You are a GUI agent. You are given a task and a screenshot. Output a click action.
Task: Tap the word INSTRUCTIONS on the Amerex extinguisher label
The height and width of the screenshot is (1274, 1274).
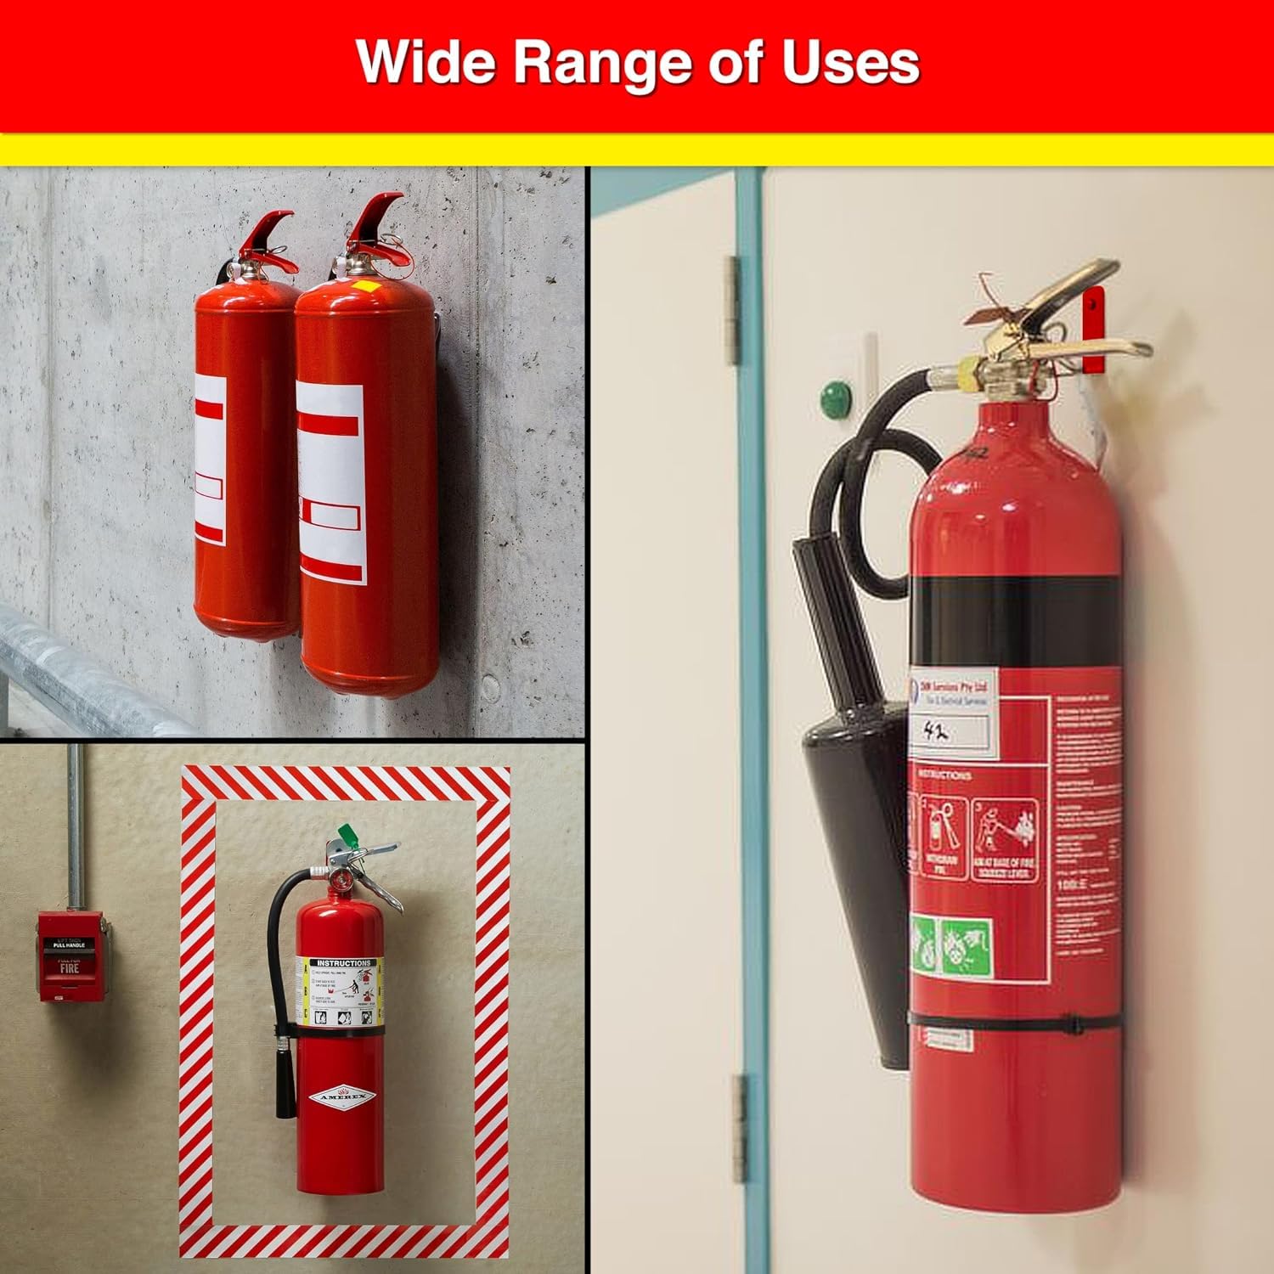tap(341, 963)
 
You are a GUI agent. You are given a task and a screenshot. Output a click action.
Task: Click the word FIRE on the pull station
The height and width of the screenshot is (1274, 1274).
tap(70, 967)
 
